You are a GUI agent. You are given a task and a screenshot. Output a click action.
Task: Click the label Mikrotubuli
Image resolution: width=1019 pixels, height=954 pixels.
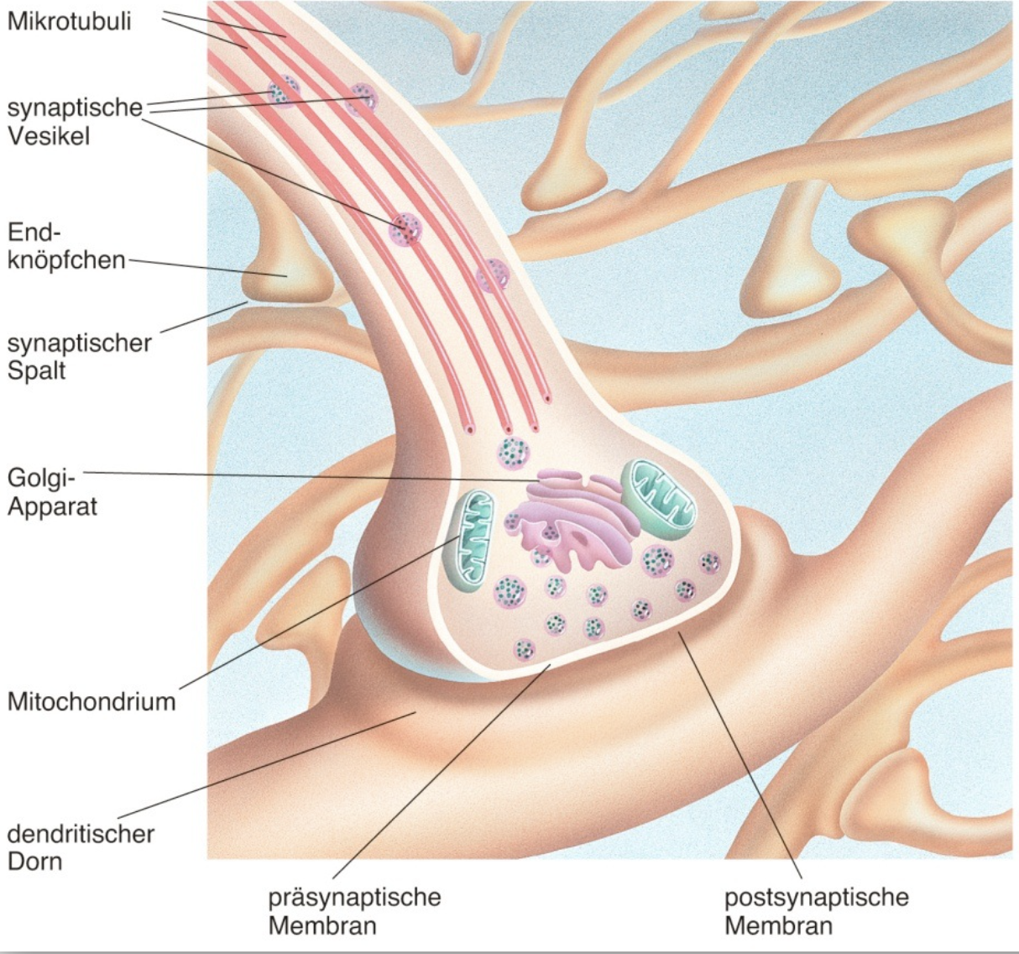(69, 21)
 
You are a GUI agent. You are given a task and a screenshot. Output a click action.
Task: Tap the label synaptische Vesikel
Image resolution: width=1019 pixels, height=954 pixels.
(75, 121)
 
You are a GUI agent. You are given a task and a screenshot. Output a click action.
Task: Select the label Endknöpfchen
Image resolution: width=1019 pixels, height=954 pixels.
(65, 245)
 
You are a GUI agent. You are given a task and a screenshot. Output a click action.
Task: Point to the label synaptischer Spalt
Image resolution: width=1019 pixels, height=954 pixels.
(79, 356)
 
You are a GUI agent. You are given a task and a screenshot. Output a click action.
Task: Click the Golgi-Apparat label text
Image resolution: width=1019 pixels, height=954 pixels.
(52, 492)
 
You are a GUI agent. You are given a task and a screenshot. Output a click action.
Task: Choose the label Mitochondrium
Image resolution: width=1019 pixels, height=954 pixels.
(91, 701)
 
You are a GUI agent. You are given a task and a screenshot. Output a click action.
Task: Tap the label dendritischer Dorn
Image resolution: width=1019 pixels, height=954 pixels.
(81, 847)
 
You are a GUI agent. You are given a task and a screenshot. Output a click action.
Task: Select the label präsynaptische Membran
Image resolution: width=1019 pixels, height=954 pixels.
(354, 911)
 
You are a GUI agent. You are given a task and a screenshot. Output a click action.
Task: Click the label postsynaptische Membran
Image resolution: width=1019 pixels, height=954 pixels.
(816, 911)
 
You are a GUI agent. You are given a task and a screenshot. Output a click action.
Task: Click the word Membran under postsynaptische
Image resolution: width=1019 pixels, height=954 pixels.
(778, 926)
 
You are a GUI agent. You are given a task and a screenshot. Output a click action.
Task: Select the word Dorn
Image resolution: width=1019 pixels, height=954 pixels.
(34, 862)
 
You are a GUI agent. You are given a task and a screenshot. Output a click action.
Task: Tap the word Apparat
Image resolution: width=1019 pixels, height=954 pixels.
(52, 506)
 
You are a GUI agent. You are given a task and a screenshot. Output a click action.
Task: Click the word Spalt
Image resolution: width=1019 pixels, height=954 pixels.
(36, 370)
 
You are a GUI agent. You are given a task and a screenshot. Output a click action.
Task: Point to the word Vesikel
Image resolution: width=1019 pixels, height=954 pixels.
(48, 135)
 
